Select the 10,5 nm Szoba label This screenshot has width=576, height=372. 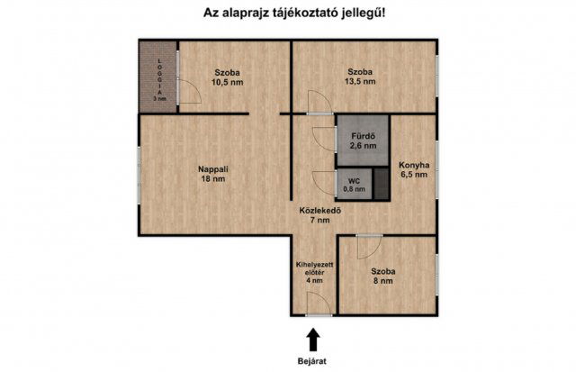click(x=228, y=77)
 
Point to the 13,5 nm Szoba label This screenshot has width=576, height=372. click(x=361, y=77)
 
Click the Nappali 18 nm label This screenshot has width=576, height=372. click(x=211, y=172)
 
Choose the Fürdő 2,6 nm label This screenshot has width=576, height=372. click(x=363, y=139)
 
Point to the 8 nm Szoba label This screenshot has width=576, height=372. click(x=384, y=276)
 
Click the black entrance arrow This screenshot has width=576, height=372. click(x=313, y=340)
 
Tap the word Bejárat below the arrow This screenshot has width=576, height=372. click(x=314, y=362)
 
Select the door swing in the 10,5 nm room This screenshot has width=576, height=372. click(x=189, y=91)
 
